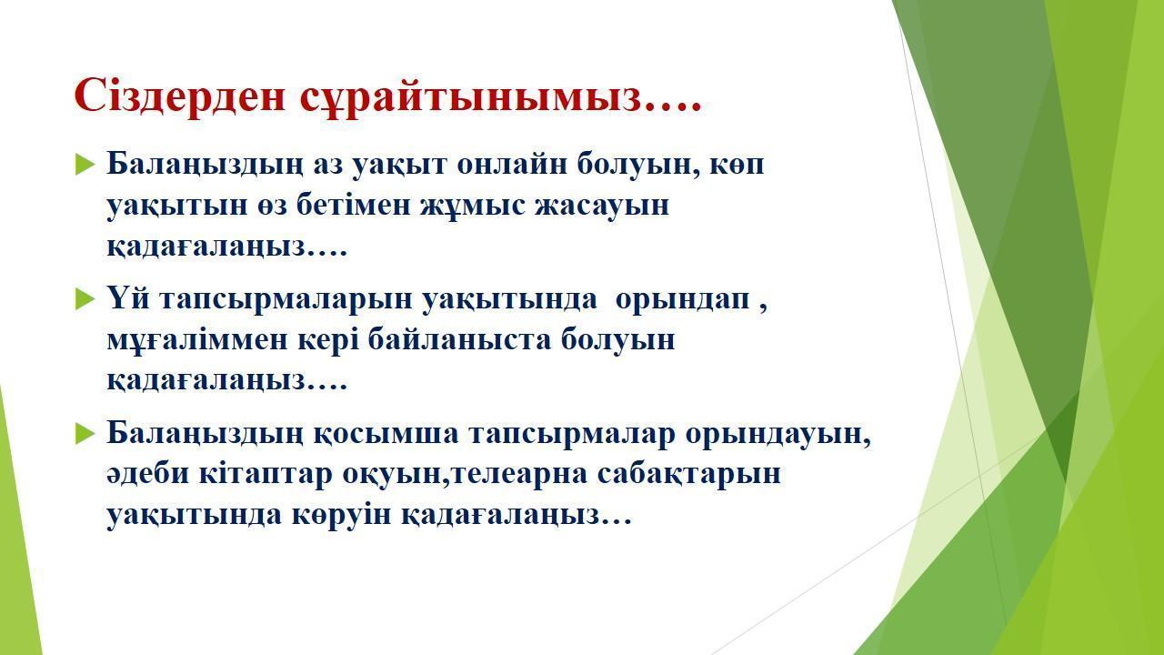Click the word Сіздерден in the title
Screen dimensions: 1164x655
(180, 96)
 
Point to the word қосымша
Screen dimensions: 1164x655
(386, 435)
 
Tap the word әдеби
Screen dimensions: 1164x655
(147, 474)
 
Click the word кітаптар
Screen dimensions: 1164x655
(266, 475)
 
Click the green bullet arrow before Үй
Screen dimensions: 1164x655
(85, 299)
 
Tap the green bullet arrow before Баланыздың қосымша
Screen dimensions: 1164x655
(85, 434)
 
